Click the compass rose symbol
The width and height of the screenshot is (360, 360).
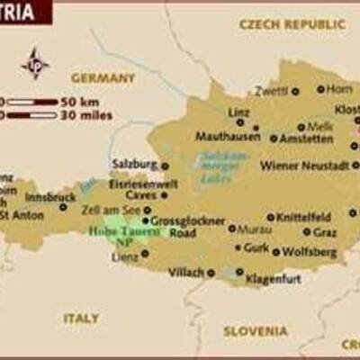[x=35, y=63]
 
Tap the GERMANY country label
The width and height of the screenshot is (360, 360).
[x=103, y=78]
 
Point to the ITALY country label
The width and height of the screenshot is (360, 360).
[x=81, y=318]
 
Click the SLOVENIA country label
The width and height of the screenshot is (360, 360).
[x=255, y=330]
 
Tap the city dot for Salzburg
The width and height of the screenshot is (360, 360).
[x=165, y=166]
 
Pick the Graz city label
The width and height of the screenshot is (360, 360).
[x=325, y=231]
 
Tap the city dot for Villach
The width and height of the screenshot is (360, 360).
[x=211, y=272]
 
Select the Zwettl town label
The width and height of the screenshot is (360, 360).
[x=271, y=91]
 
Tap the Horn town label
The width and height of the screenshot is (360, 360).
[x=340, y=89]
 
